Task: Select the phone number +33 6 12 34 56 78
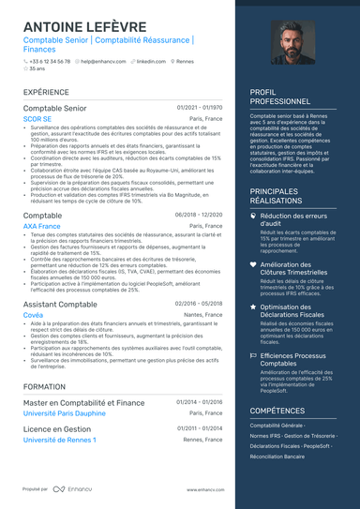pyautogui.click(x=49, y=61)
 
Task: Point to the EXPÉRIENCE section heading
pyautogui.click(x=46, y=93)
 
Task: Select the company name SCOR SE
pyautogui.click(x=37, y=120)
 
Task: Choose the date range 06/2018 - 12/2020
pyautogui.click(x=199, y=215)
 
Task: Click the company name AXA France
pyautogui.click(x=41, y=226)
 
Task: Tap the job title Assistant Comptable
pyautogui.click(x=60, y=305)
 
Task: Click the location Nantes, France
pyautogui.click(x=203, y=316)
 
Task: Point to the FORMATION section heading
pyautogui.click(x=44, y=386)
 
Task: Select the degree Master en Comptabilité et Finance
pyautogui.click(x=84, y=403)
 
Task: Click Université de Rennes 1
pyautogui.click(x=59, y=440)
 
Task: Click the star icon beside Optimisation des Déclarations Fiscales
pyautogui.click(x=253, y=307)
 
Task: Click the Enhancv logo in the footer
pyautogui.click(x=71, y=489)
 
